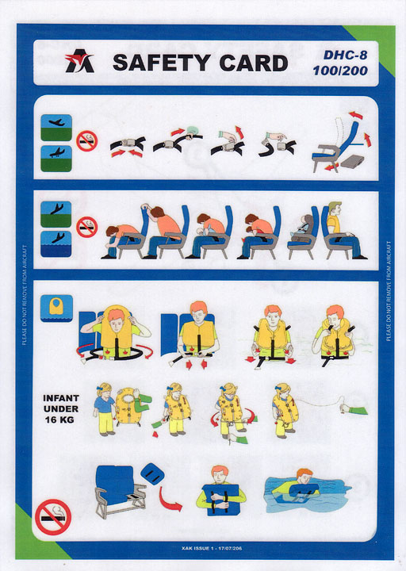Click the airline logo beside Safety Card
[79, 61]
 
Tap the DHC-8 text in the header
[345, 55]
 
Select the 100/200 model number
[340, 71]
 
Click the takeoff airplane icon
[56, 128]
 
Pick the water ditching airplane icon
[56, 243]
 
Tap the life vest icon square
[56, 308]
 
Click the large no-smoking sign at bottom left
[53, 517]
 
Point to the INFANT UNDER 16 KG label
[61, 408]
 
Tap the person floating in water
[297, 488]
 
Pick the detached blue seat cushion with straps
[152, 473]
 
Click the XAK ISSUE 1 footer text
[212, 549]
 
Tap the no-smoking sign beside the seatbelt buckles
[86, 141]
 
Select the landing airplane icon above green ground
[56, 159]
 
